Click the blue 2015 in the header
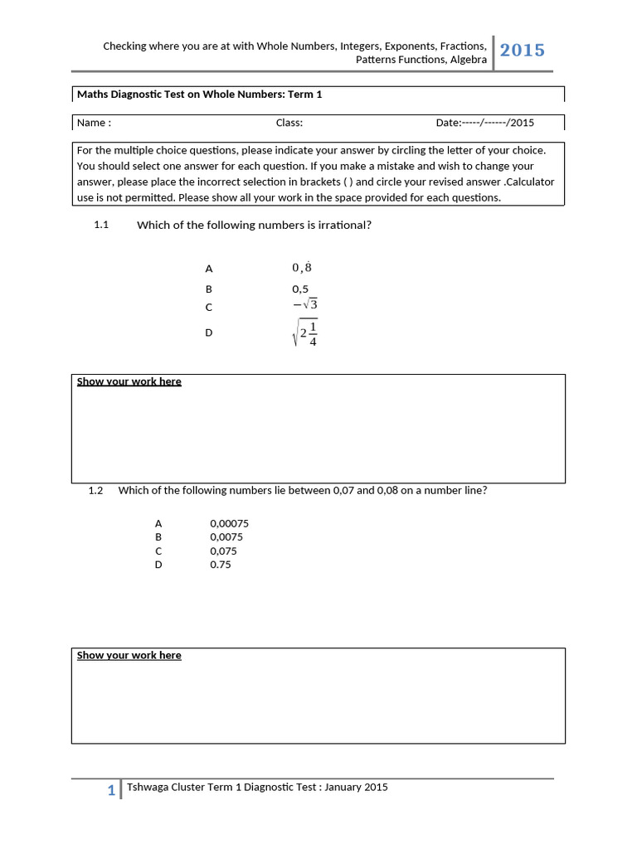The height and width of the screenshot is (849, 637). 523,51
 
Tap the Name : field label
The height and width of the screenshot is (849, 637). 94,123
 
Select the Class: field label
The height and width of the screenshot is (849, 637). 289,123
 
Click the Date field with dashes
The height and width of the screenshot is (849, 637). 485,123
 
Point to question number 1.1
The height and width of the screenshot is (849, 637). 102,225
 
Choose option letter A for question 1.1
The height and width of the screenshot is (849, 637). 209,269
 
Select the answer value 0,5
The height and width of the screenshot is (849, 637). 300,289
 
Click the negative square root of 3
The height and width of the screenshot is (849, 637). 304,304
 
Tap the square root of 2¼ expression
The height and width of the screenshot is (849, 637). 305,332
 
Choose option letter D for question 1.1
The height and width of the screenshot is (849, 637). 209,332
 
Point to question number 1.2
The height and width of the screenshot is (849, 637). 95,490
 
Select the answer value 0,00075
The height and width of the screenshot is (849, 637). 230,524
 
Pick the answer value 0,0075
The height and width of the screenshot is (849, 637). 226,537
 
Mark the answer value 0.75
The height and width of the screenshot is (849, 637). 221,565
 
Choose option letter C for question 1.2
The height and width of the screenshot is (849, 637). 158,551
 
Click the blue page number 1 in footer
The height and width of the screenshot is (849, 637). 111,791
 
